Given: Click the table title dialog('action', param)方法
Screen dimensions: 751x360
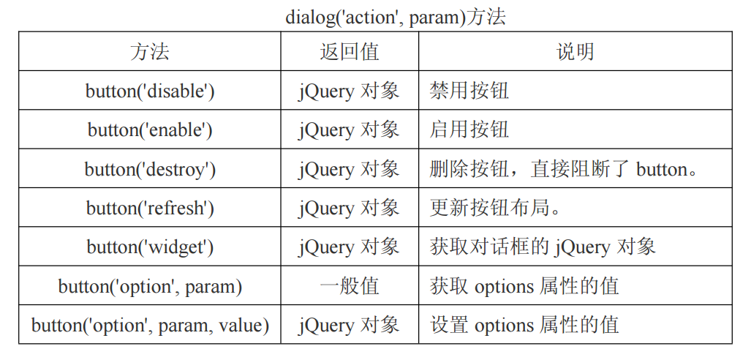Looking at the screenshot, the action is [x=396, y=16].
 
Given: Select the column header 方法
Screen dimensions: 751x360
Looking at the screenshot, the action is [x=150, y=51].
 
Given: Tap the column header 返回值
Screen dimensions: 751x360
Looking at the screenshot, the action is [x=350, y=51].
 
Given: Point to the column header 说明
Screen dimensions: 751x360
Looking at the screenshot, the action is [x=575, y=51].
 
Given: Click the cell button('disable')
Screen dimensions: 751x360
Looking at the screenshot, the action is [x=150, y=91].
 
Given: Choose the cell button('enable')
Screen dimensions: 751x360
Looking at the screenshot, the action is [x=150, y=130].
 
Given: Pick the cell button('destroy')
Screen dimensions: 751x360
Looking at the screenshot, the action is [x=150, y=169].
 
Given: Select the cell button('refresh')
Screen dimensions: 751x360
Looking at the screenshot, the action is [x=150, y=208].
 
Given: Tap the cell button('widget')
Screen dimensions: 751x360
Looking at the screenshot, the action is [x=150, y=247].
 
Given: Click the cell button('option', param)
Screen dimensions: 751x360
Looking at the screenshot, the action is [x=150, y=286].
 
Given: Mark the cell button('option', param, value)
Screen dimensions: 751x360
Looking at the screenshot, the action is [x=150, y=325].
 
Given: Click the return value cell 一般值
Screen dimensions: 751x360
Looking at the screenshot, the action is [x=350, y=286].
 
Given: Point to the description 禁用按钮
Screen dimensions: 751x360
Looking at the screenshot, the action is [x=469, y=91].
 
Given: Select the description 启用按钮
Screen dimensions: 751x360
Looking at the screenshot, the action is [x=469, y=130].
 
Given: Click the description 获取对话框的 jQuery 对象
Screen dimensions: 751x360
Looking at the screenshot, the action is [x=543, y=247].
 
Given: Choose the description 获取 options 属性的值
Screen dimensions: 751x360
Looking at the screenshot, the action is [x=524, y=286].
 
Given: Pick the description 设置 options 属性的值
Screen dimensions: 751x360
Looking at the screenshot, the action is [x=524, y=325].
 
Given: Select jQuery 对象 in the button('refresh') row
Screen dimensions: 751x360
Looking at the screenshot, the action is [x=350, y=208].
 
